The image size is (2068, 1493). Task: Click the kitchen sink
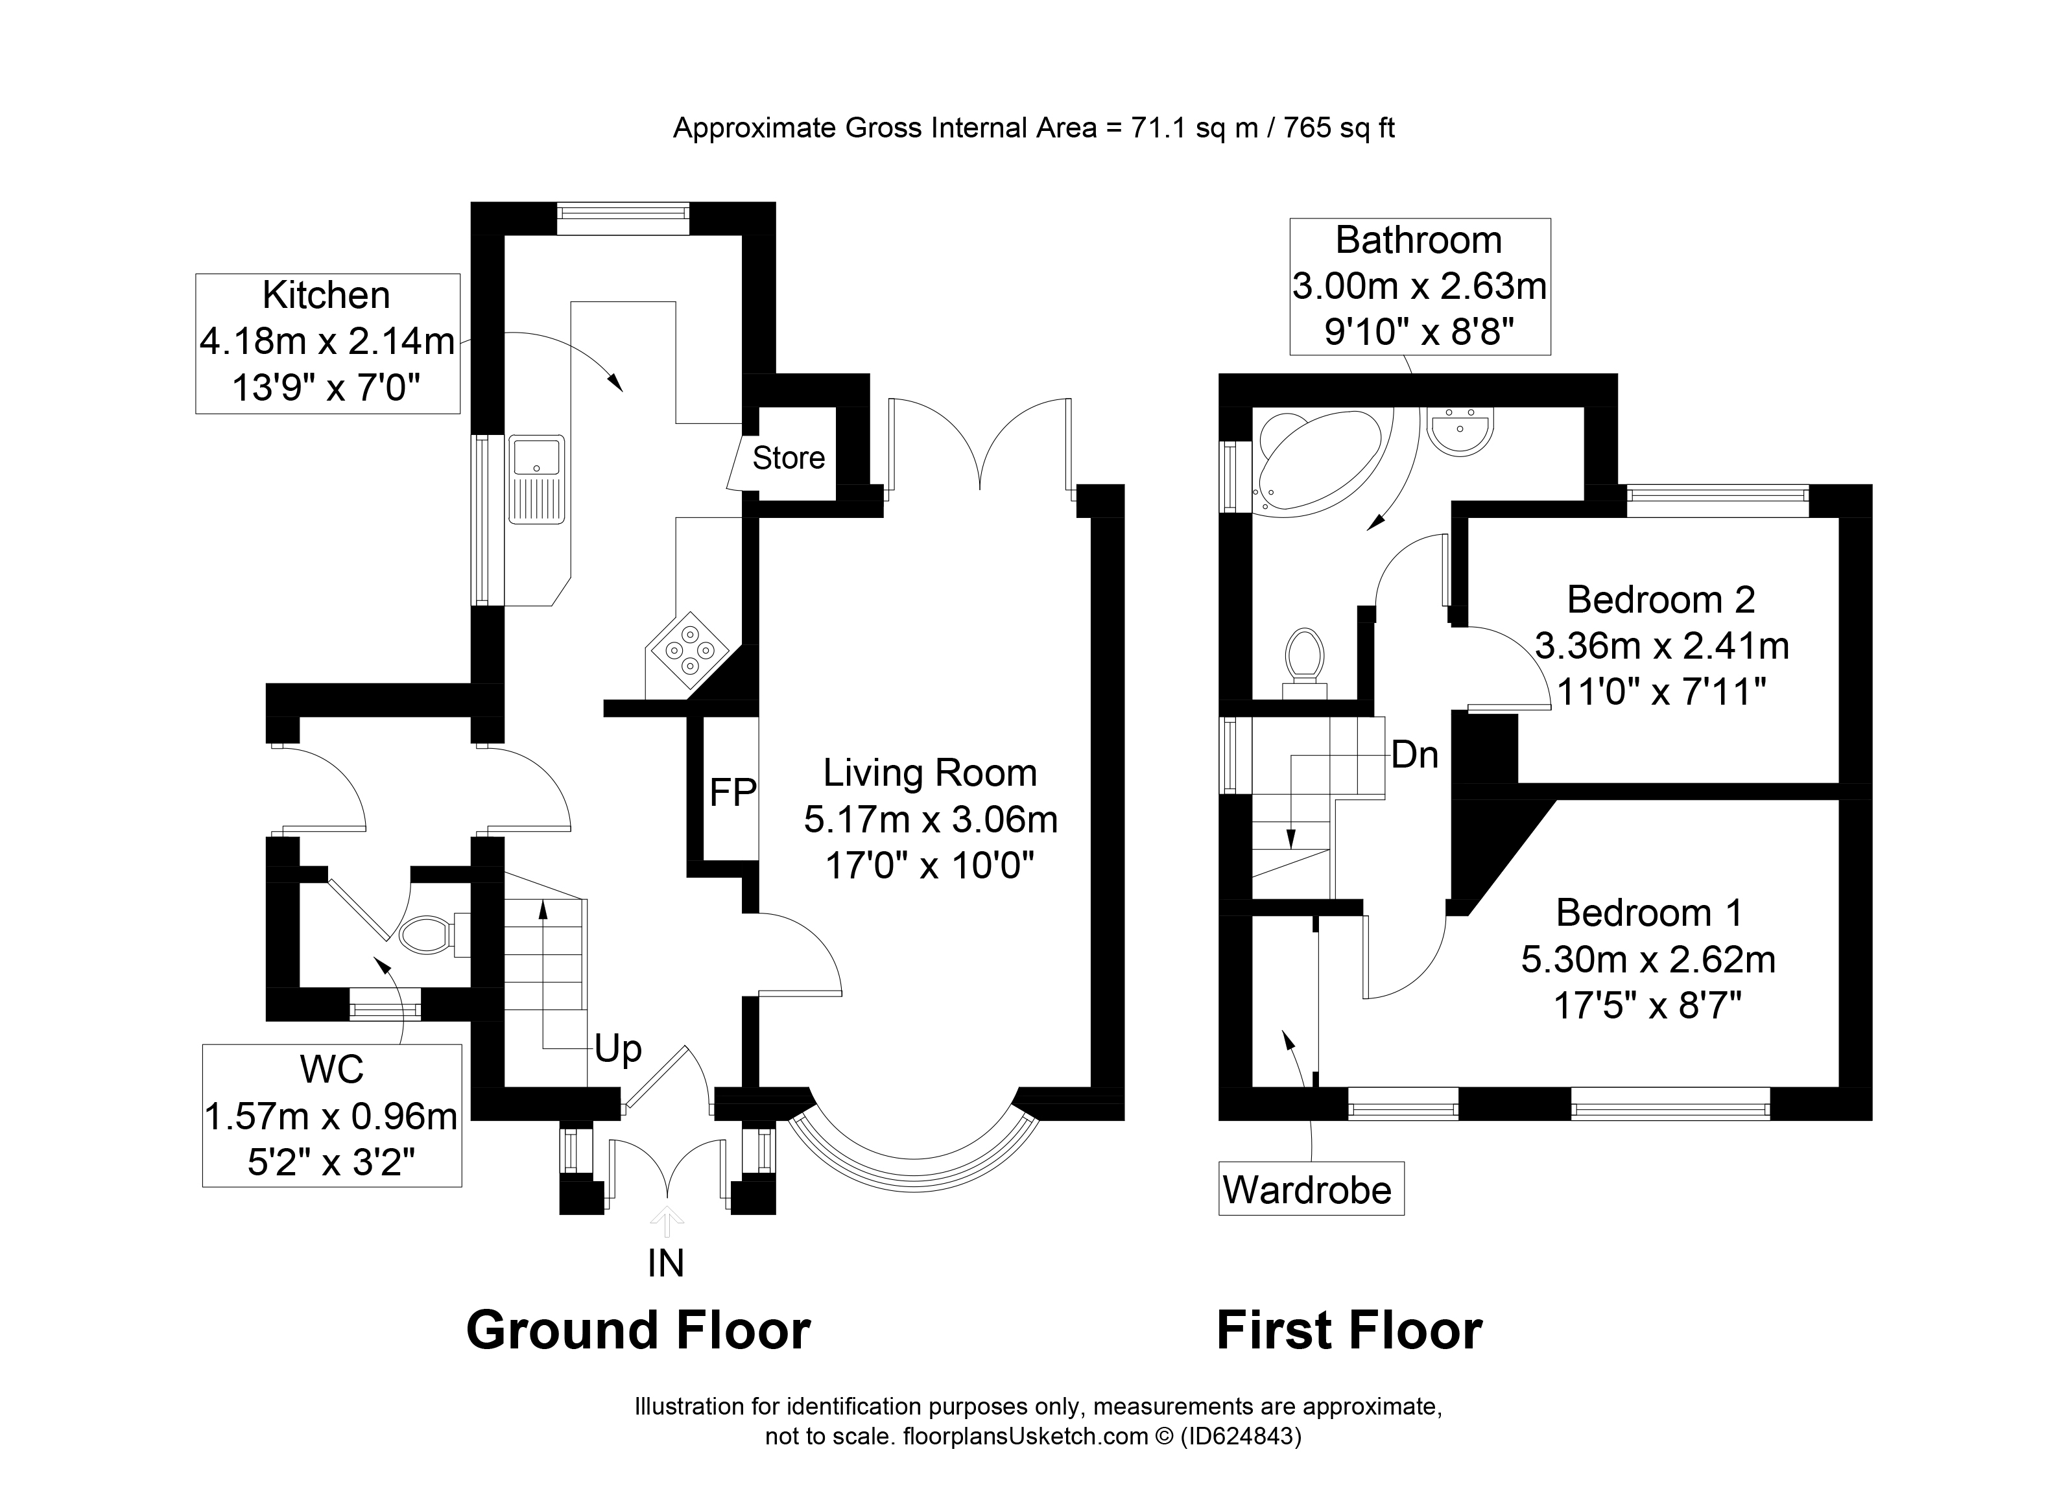(538, 480)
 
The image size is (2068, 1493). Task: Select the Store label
(789, 458)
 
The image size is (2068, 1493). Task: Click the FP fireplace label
(733, 792)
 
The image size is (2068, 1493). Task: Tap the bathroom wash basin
(1461, 432)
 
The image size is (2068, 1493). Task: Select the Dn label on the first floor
(1415, 755)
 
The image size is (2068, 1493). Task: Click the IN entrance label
(665, 1264)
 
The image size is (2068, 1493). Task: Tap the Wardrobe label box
(1311, 1188)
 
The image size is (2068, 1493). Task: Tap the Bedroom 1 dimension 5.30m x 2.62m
(1648, 959)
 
